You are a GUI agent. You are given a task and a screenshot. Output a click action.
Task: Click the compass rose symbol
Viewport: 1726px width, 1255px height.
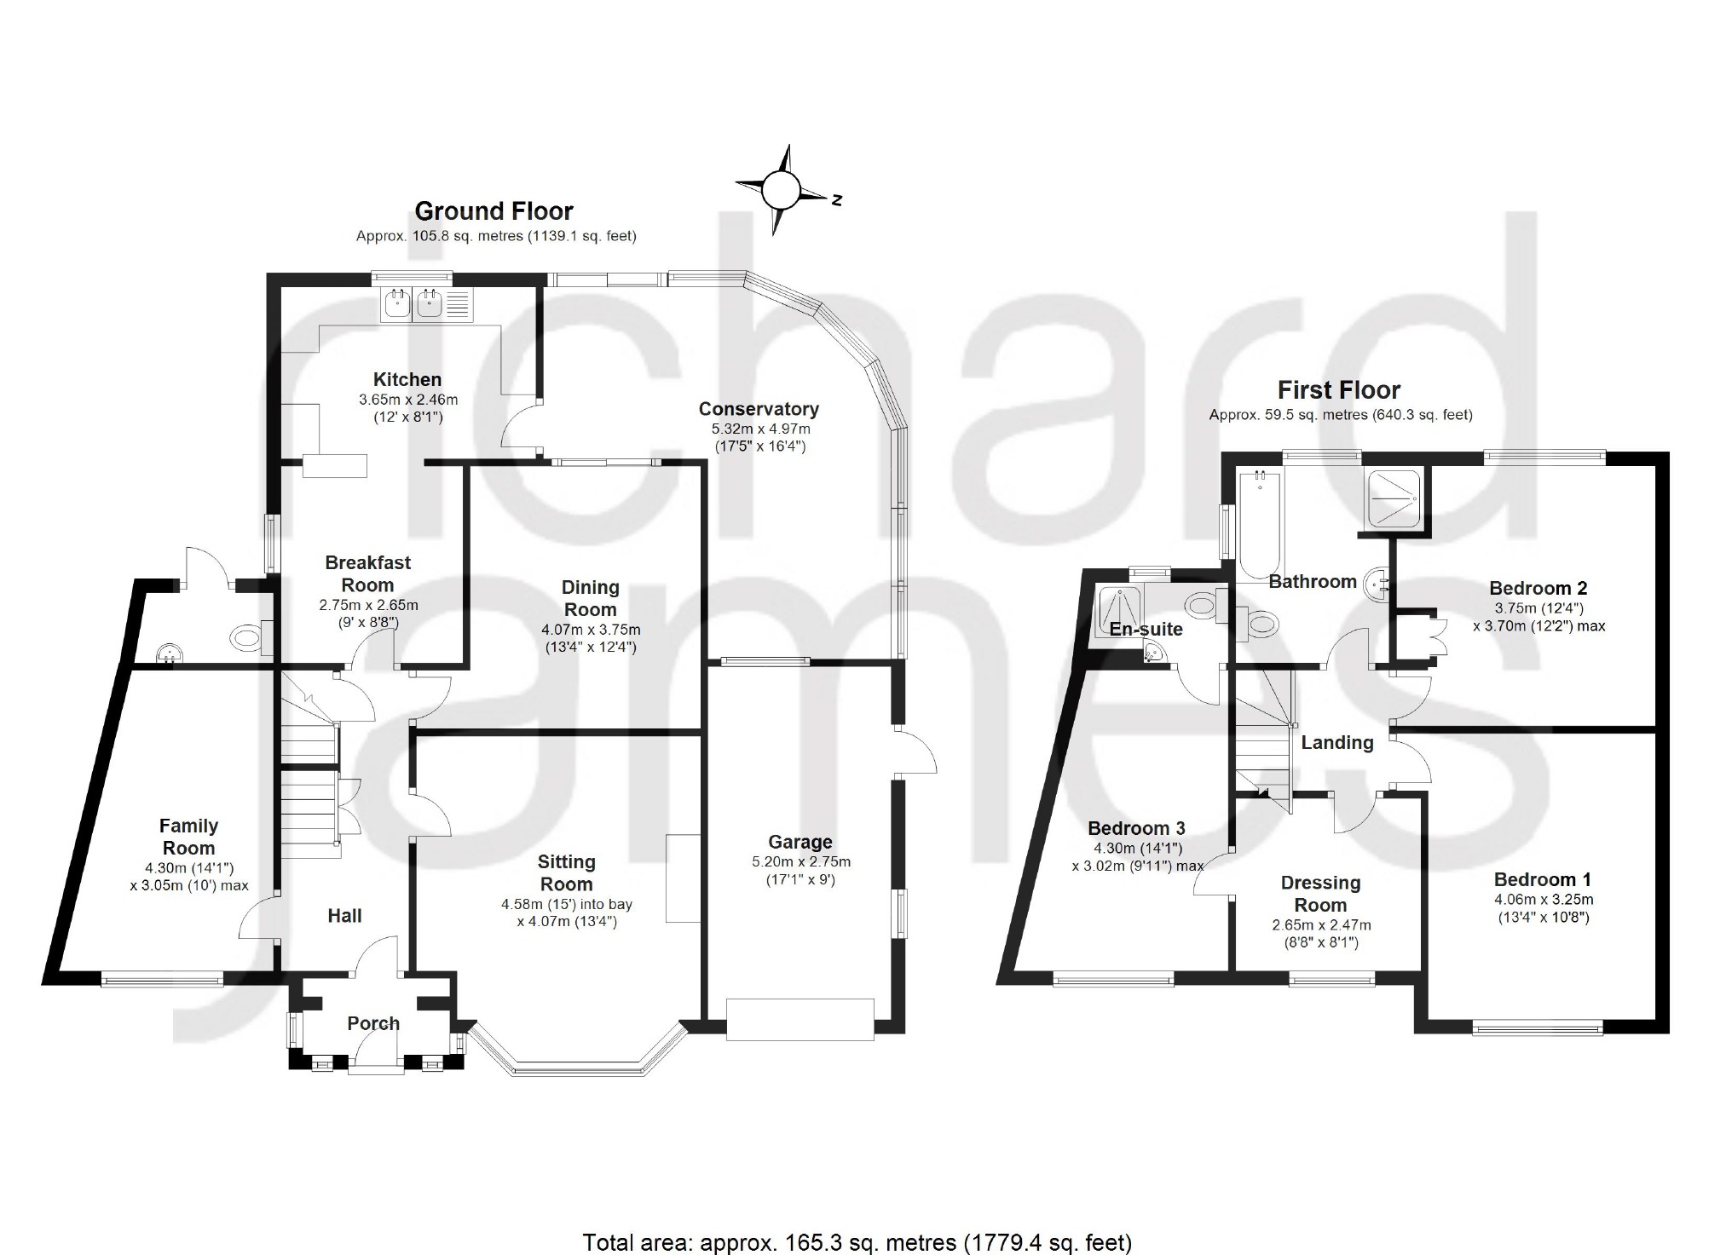(x=780, y=190)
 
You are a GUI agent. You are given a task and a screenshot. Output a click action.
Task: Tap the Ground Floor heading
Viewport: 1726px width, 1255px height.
(x=494, y=210)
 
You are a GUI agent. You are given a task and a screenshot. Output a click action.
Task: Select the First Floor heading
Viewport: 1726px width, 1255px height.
(x=1339, y=390)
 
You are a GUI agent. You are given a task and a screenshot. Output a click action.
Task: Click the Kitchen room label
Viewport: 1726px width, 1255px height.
(x=407, y=380)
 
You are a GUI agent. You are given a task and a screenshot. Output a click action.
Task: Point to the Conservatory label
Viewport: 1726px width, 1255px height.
(x=759, y=409)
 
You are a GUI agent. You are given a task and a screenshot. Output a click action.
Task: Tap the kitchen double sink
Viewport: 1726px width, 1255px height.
(x=413, y=304)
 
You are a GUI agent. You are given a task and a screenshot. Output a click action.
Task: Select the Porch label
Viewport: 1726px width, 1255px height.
(x=373, y=1023)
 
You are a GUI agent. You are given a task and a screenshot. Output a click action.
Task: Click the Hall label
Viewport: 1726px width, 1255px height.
(x=344, y=916)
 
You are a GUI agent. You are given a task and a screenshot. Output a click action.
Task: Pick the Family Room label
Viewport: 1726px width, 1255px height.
(x=188, y=837)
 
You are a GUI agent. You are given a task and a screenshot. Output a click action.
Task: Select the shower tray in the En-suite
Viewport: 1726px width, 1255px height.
(x=1118, y=611)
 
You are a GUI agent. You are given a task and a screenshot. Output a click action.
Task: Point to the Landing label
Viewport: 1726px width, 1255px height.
(x=1336, y=743)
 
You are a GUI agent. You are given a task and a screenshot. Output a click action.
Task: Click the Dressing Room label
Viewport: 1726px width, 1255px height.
(x=1320, y=894)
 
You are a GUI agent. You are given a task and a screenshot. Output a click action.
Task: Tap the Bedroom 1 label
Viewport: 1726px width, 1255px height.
(x=1543, y=880)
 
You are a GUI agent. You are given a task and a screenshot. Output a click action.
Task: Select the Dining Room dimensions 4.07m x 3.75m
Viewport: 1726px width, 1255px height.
(x=591, y=630)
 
